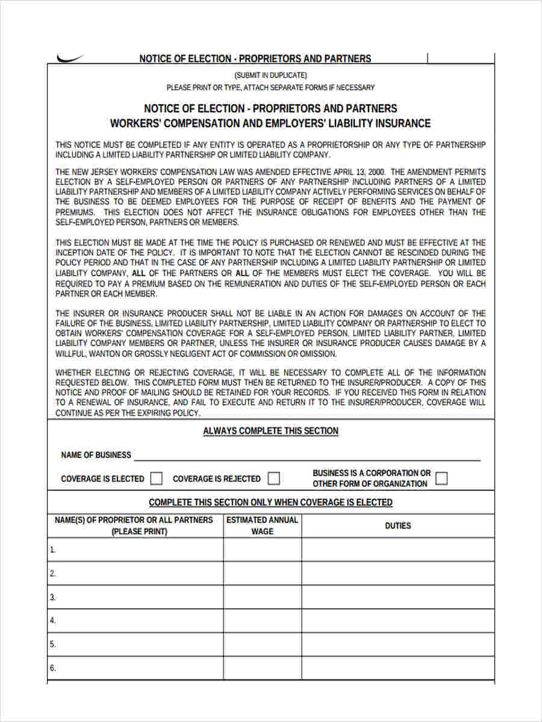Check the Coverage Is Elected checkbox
coord(157,478)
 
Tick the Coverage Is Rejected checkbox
coord(274,478)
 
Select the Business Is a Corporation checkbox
coord(441,478)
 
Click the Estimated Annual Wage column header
coord(262,525)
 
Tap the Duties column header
coord(397,525)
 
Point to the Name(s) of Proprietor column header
coord(134,525)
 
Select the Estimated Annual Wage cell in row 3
coord(262,597)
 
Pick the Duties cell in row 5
coord(397,644)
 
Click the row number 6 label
coord(53,668)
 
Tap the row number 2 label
coord(53,573)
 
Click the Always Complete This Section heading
coord(270,431)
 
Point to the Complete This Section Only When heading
coord(270,502)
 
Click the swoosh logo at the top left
coord(70,58)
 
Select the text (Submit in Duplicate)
coord(270,75)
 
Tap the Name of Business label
coord(96,455)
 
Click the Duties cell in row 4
coord(397,620)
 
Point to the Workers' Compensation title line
coord(270,123)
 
